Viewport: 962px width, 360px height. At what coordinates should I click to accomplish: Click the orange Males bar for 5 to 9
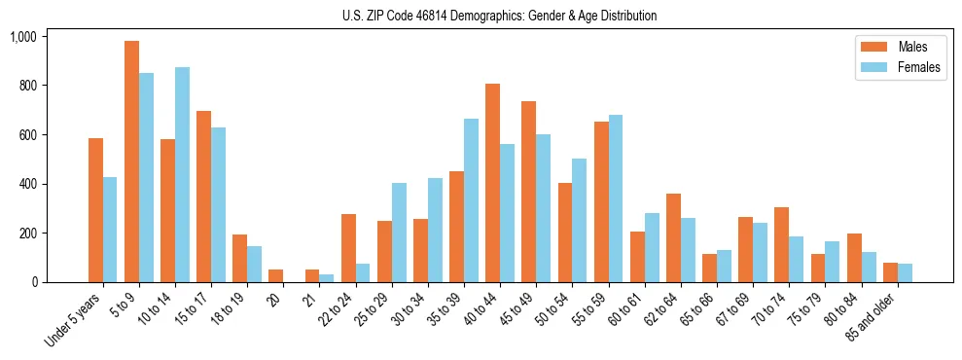click(131, 162)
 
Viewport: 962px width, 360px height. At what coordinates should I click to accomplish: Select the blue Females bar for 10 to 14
click(182, 175)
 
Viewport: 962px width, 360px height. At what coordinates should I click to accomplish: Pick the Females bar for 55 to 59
click(615, 198)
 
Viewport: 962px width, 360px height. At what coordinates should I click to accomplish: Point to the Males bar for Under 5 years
click(95, 210)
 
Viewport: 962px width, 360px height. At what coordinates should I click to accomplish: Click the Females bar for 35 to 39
click(471, 200)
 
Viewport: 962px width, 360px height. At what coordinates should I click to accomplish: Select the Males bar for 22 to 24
click(348, 248)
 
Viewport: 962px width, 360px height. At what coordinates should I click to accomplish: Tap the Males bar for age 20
click(276, 275)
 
